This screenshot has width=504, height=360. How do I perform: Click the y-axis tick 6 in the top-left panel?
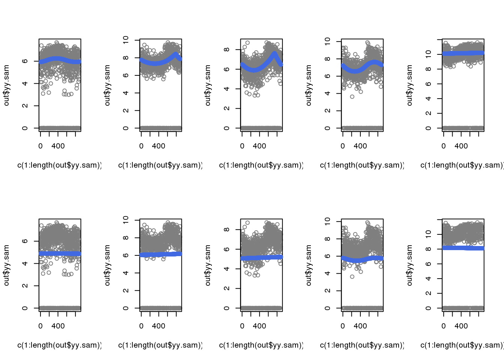[25, 61]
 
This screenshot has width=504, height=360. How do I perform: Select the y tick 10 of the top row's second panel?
[126, 39]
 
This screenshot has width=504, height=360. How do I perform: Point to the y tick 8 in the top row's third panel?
[226, 49]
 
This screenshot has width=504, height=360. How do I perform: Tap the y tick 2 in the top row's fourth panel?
[327, 111]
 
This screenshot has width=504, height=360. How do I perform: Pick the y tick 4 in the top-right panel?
[428, 99]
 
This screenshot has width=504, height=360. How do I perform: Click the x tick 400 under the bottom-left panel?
[58, 326]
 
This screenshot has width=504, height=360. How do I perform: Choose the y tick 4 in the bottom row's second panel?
[126, 273]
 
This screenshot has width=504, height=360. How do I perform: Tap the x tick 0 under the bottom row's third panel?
[242, 326]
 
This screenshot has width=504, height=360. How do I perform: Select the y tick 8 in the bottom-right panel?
[428, 249]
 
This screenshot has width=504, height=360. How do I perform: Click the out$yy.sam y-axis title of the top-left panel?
[6, 85]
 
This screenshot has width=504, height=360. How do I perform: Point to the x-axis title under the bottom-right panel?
[461, 345]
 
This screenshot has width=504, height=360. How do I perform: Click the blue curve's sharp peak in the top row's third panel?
[275, 54]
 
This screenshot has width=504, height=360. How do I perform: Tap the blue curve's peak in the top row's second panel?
[176, 55]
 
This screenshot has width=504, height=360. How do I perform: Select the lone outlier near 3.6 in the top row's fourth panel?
[352, 97]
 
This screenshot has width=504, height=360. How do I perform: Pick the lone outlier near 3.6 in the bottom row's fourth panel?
[352, 277]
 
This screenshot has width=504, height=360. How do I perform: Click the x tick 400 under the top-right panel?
[461, 146]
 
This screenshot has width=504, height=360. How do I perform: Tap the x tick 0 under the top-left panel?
[40, 146]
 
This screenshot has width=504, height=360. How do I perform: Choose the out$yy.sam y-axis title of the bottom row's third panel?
[208, 265]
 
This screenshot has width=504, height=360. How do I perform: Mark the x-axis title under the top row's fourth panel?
[361, 165]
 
